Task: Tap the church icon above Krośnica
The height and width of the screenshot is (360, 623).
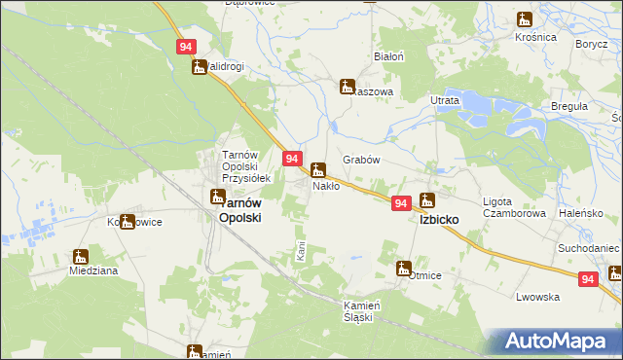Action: [525, 19]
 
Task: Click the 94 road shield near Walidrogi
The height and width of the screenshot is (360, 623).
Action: [187, 47]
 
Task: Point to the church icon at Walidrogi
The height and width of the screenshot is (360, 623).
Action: [200, 67]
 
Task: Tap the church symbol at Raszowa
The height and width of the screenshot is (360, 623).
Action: [347, 87]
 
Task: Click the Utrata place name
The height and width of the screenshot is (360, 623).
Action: [444, 100]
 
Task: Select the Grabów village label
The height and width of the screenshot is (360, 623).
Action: [360, 160]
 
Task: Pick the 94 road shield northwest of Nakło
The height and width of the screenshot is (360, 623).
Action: [291, 158]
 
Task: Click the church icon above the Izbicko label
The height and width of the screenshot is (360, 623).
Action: [426, 201]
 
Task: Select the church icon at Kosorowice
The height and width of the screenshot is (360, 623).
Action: [127, 222]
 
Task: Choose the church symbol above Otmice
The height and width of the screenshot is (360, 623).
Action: [404, 268]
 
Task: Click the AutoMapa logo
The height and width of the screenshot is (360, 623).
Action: [557, 342]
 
